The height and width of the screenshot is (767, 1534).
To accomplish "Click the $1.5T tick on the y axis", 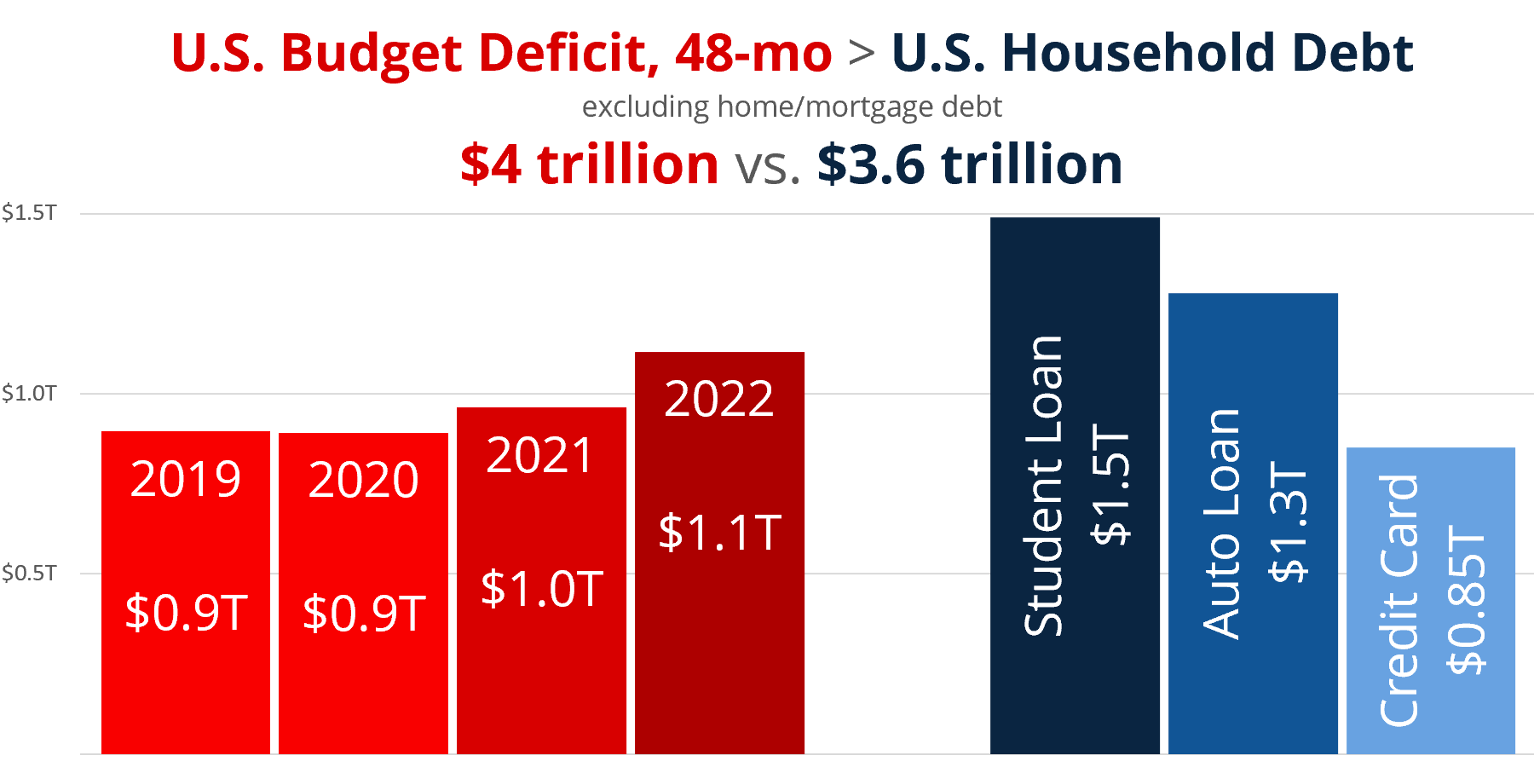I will tap(29, 213).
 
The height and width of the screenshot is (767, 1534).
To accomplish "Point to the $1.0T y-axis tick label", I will tap(29, 394).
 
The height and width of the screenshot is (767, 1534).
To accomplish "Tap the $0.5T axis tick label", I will tap(29, 574).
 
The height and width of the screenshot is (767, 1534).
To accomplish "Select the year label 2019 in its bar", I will tap(186, 479).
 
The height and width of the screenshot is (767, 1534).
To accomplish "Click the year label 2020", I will tap(364, 480).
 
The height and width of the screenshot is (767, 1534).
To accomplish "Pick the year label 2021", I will tap(540, 455).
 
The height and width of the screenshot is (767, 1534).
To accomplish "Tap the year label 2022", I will tap(719, 399).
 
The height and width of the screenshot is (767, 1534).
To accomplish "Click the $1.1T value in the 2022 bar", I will tap(720, 533).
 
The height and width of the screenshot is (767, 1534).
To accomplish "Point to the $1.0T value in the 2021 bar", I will tap(542, 589).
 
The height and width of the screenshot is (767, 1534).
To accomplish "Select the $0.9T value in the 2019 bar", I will tap(187, 613).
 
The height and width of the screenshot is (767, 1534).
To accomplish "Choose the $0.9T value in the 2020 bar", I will tap(364, 614).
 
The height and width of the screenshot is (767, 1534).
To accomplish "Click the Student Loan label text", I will tap(1045, 486).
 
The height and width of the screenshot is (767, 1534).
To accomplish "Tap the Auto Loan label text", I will tap(1222, 524).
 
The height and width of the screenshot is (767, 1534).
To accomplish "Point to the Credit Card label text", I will tap(1400, 600).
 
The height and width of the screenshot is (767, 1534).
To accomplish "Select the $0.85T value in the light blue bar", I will tap(1468, 600).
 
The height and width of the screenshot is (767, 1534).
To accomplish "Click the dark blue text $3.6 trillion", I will tap(970, 164).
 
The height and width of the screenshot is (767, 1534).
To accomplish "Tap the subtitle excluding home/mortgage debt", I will tap(792, 107).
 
